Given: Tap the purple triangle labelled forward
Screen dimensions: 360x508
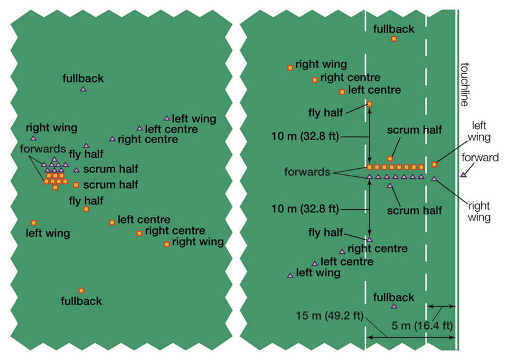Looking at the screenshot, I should (463, 175).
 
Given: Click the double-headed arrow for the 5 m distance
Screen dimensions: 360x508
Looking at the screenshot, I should (442, 307).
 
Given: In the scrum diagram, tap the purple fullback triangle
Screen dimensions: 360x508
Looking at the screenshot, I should (83, 89).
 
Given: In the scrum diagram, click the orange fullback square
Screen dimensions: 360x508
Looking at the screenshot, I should (81, 290).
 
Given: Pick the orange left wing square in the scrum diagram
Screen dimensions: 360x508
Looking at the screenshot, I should (33, 222).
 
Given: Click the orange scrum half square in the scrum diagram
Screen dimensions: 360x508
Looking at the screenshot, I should (76, 185).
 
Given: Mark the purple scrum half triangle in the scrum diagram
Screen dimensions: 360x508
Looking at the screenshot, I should (76, 170).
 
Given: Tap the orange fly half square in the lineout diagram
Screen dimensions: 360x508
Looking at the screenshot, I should (370, 104).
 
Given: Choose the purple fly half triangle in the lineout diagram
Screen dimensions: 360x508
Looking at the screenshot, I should (370, 239).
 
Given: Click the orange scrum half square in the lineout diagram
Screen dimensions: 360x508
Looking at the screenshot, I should (390, 159).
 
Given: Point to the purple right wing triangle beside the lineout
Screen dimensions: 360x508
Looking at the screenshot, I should (434, 179).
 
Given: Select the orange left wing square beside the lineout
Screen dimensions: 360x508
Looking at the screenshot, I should (434, 164).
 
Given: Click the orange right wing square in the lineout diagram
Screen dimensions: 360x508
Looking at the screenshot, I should (290, 68).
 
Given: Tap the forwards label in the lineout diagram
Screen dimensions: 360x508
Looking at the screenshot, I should (307, 172).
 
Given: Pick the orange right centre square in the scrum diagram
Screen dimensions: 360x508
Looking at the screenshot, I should (139, 233).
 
